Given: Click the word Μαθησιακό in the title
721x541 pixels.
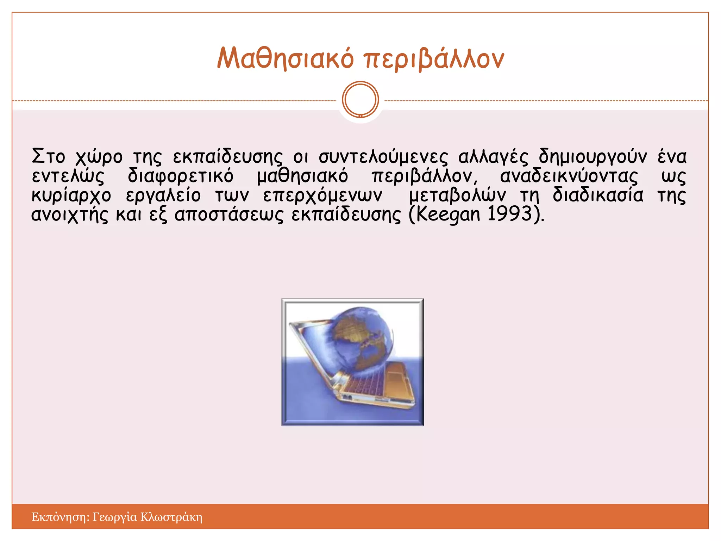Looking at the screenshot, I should [285, 58].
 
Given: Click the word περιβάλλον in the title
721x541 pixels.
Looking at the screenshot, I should [434, 59].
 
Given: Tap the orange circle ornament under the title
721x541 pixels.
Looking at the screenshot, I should [360, 99].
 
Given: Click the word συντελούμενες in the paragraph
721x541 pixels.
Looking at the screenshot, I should [383, 157].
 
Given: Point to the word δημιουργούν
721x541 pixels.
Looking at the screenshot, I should [593, 157].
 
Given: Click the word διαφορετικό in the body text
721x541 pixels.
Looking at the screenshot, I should [180, 176].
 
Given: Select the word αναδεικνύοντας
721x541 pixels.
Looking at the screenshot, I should [569, 176].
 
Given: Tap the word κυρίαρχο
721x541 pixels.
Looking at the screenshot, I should [71, 195].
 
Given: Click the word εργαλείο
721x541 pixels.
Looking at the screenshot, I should [163, 195].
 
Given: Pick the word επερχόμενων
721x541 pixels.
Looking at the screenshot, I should [322, 195].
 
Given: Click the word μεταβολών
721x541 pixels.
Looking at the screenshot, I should [457, 195].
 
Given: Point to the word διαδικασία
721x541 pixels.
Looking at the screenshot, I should [598, 195].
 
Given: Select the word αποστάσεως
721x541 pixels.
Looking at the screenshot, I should [229, 214].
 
